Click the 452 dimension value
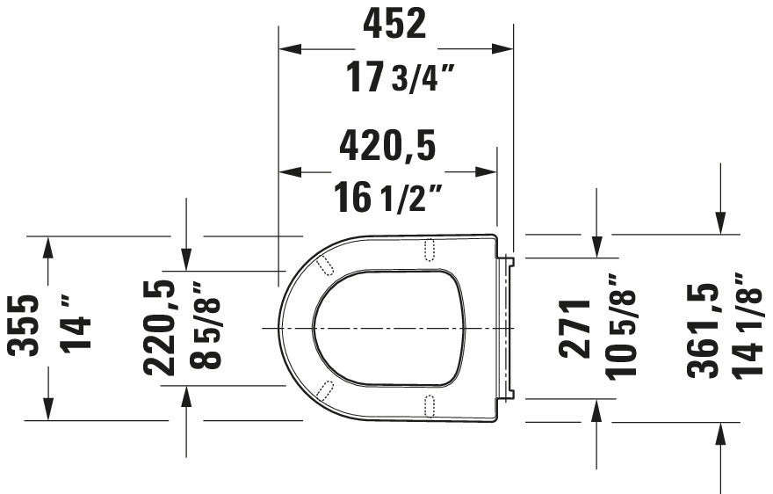point(394,25)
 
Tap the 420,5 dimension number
point(387,146)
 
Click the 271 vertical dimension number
point(577,327)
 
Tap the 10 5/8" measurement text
point(620,327)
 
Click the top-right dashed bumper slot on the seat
point(430,250)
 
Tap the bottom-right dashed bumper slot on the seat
point(430,403)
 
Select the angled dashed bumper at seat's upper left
point(324,263)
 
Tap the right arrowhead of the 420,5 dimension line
point(487,172)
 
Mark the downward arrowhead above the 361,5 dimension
point(720,223)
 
